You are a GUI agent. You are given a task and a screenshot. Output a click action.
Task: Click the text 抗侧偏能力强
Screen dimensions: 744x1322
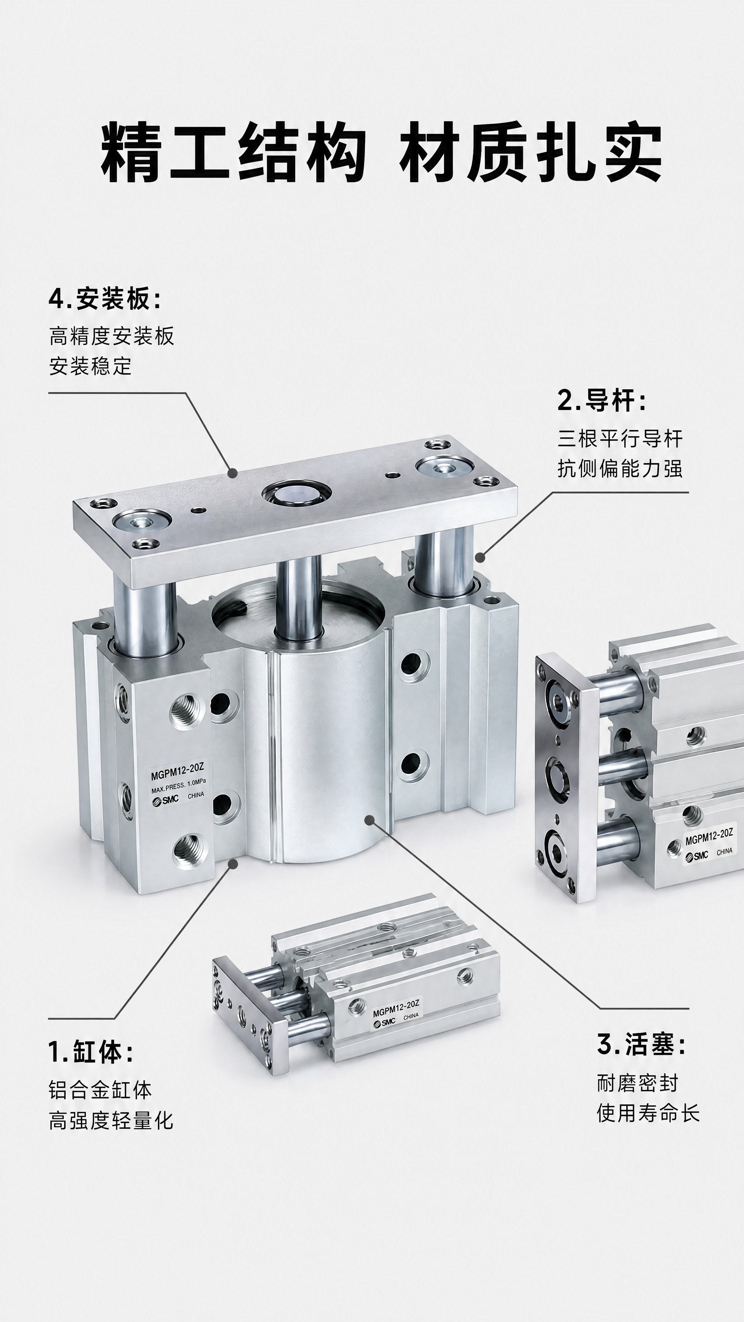pos(620,469)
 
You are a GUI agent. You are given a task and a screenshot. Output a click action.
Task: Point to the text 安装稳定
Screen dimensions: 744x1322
pos(90,366)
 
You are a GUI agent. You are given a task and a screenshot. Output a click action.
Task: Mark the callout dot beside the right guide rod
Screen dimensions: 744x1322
pos(480,557)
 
